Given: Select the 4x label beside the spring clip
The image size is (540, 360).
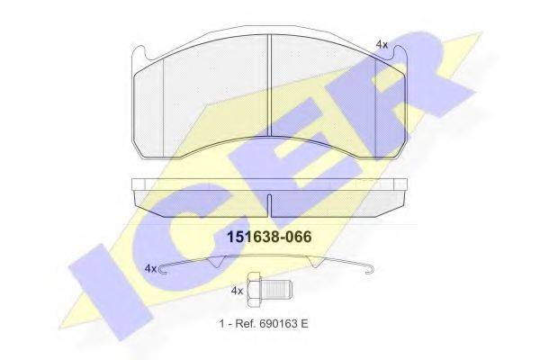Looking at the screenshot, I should pyautogui.click(x=150, y=268).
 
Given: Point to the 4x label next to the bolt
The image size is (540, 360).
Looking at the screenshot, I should pyautogui.click(x=237, y=292).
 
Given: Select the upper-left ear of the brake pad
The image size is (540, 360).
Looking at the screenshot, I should pyautogui.click(x=141, y=58).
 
